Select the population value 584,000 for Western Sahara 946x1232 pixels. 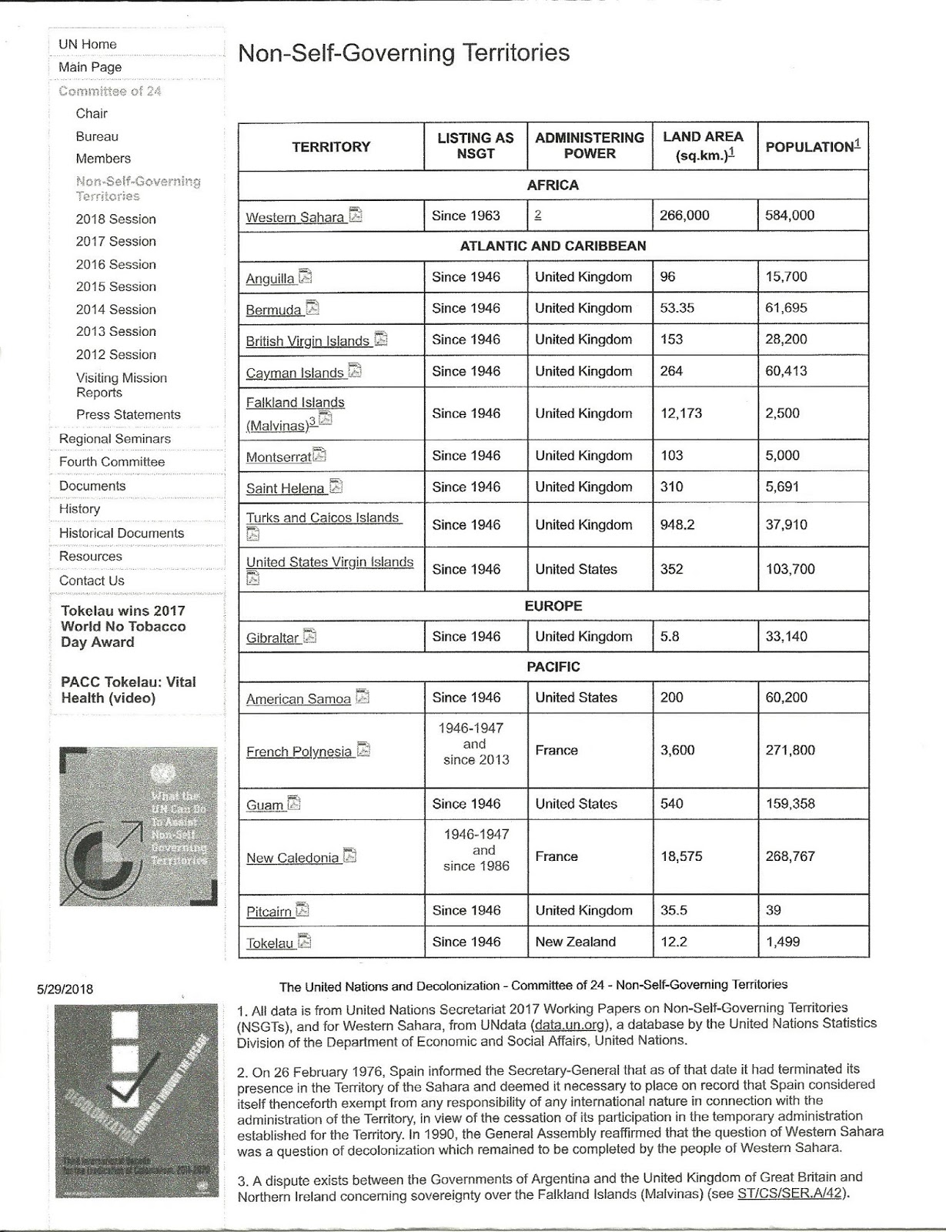tap(789, 216)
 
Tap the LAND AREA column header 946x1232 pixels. tap(703, 146)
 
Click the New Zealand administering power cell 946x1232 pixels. tap(575, 942)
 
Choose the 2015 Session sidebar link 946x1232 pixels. tap(115, 286)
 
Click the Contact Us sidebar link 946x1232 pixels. tap(92, 581)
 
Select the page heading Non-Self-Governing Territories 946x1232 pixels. tap(403, 53)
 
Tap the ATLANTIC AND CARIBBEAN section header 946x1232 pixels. tap(553, 246)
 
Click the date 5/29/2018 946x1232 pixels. tap(65, 989)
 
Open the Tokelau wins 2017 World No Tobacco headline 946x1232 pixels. tap(123, 627)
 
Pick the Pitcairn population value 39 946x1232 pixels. tap(773, 910)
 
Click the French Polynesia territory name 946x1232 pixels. tap(299, 752)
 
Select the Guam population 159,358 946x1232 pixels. tap(790, 804)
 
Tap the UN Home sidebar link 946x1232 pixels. tap(88, 45)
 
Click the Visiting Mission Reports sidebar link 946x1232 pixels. tap(121, 385)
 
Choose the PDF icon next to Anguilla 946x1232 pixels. tap(306, 276)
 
